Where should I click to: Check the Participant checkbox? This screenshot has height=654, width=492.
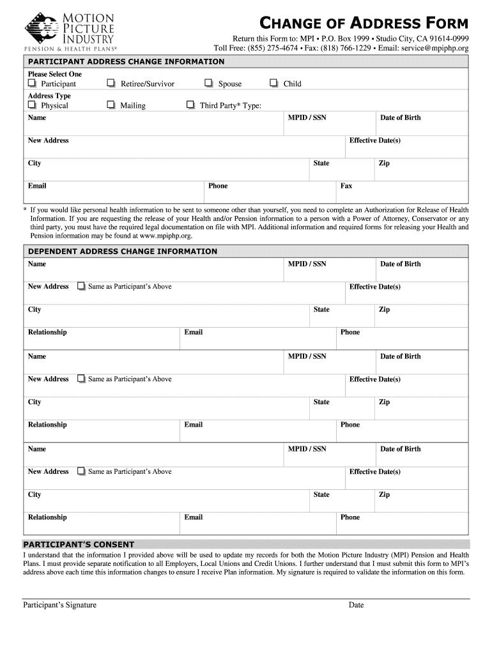click(x=32, y=84)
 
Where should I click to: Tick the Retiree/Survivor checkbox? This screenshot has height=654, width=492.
click(x=111, y=84)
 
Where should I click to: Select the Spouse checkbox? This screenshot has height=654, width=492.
click(x=209, y=84)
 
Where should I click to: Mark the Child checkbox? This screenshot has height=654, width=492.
click(x=273, y=84)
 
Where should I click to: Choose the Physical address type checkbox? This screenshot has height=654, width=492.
click(x=32, y=105)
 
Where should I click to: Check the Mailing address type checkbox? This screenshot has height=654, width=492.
click(x=111, y=105)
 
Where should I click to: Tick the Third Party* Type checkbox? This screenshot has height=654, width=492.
click(x=190, y=105)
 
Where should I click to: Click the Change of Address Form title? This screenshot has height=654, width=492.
click(x=364, y=24)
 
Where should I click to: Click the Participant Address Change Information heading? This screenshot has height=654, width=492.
click(x=126, y=62)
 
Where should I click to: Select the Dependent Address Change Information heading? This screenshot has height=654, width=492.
click(x=122, y=252)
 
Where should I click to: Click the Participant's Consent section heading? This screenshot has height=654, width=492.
click(x=79, y=545)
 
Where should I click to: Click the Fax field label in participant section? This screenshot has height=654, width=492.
click(x=346, y=186)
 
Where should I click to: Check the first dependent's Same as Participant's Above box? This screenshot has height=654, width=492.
click(x=81, y=287)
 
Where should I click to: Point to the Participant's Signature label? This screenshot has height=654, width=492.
click(x=59, y=605)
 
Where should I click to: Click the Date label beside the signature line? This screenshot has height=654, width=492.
click(x=356, y=605)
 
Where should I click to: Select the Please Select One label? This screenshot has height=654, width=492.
click(x=55, y=74)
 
